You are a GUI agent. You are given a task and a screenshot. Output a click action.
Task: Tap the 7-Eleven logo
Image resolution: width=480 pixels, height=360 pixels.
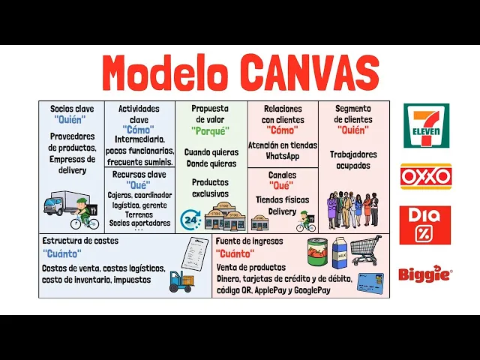point(426,125)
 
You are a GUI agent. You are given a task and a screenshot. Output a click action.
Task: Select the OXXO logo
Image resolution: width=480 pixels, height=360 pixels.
point(425,176)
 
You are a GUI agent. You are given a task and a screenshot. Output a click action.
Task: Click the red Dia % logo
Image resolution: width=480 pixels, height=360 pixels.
point(425,225)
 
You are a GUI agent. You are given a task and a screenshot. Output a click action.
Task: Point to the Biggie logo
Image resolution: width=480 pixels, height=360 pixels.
point(425,274)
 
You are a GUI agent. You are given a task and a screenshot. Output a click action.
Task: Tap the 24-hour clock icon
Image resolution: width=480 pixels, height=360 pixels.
point(190,219)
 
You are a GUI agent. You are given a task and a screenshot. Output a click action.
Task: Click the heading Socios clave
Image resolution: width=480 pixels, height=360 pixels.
point(72,109)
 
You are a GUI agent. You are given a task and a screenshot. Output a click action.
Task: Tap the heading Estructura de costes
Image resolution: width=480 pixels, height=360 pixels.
point(80,241)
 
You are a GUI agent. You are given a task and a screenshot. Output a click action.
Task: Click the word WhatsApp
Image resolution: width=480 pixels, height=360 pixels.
point(283,157)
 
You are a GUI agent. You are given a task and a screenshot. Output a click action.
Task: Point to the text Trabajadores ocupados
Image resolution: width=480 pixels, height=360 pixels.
point(353,160)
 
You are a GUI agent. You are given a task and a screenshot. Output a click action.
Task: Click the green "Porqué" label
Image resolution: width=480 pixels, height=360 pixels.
point(210,130)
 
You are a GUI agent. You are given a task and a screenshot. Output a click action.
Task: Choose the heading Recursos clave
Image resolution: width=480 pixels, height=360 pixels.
point(140,174)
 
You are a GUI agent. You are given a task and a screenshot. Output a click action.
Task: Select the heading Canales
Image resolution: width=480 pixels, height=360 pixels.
point(283,175)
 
